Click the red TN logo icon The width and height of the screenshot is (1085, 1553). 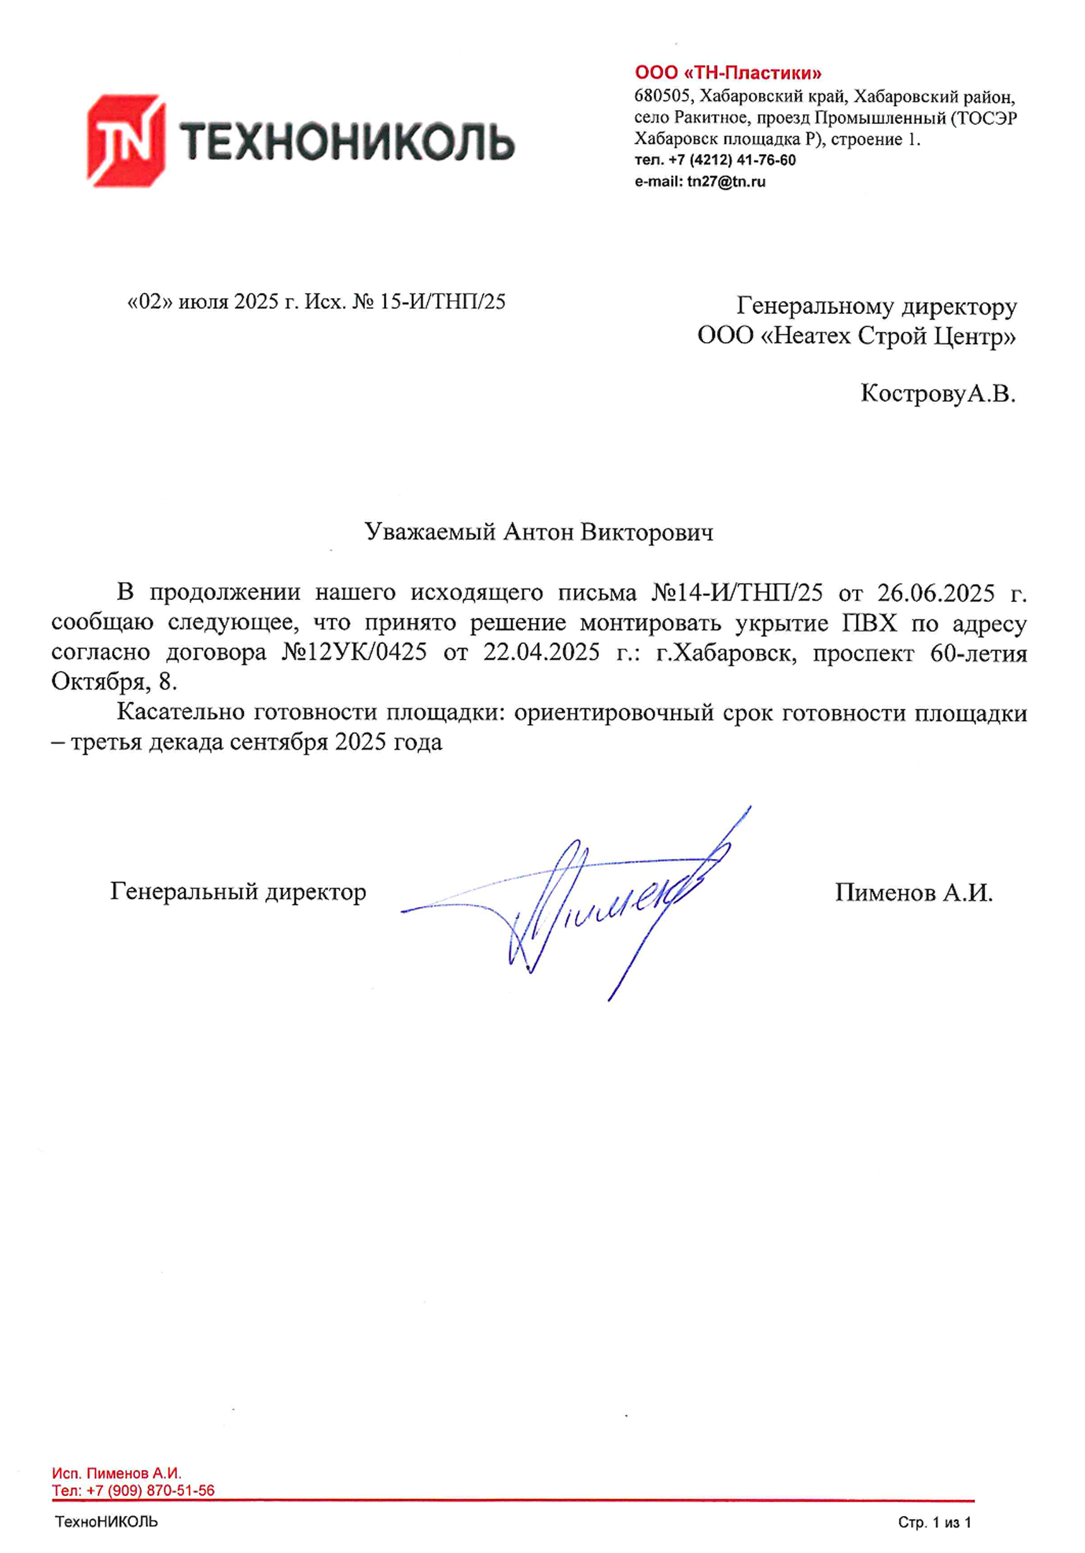click(x=126, y=140)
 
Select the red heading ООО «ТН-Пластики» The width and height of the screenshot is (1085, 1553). click(x=728, y=72)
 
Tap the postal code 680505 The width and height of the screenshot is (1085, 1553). click(x=662, y=95)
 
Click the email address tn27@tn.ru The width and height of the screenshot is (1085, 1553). click(x=726, y=181)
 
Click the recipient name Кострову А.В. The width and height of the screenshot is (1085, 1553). click(x=937, y=393)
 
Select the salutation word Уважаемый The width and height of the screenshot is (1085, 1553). click(x=430, y=532)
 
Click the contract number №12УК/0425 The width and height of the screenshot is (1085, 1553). click(x=354, y=652)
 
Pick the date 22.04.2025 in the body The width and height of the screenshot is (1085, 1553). click(x=541, y=652)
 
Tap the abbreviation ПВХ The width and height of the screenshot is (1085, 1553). click(x=869, y=623)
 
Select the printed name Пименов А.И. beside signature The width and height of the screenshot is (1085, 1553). click(x=913, y=893)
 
